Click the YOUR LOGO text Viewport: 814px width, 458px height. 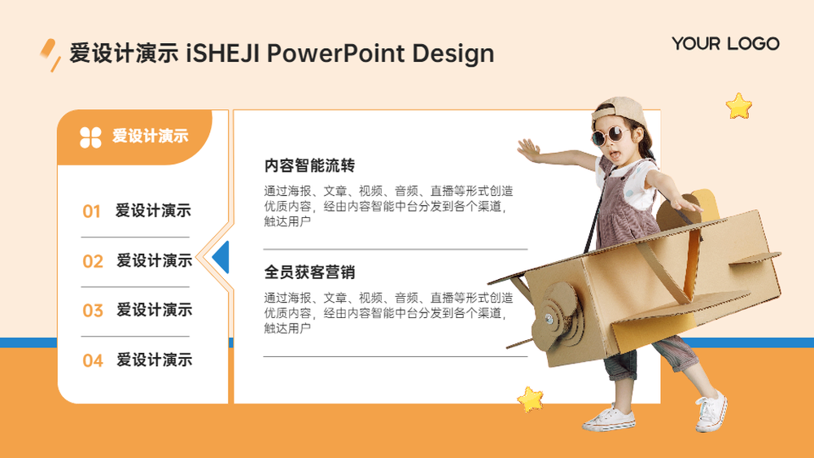pos(725,44)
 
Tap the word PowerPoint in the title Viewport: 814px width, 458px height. pos(335,54)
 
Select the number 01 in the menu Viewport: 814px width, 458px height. pos(91,212)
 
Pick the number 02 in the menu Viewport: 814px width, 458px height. pos(93,261)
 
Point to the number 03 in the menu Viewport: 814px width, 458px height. pos(93,311)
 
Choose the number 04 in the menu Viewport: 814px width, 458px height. pos(93,360)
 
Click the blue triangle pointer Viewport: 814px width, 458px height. pos(221,257)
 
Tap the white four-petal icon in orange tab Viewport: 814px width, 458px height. pos(90,137)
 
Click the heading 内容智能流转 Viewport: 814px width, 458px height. pos(309,166)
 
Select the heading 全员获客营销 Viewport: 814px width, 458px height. pos(309,273)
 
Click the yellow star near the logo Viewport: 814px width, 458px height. pos(739,107)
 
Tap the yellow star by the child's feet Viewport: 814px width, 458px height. pos(530,399)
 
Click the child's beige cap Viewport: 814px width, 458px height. pos(621,111)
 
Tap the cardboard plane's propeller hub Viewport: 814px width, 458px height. pos(549,317)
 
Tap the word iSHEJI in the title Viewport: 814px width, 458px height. pos(222,54)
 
